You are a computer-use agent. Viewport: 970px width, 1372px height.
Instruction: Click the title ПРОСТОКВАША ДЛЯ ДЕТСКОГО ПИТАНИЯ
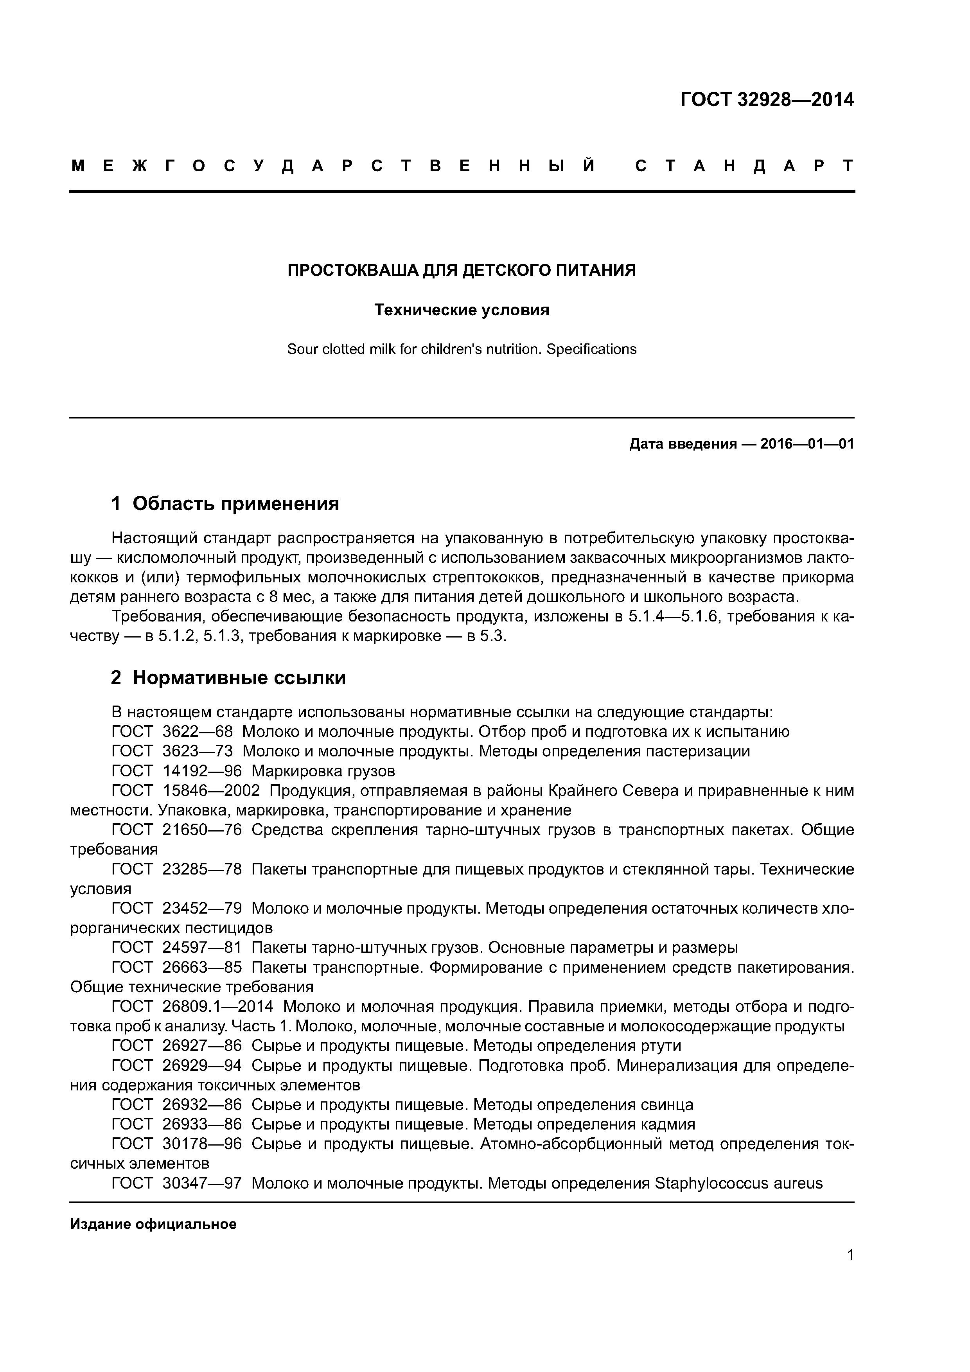[462, 271]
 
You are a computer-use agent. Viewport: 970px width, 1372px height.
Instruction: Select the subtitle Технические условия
[462, 310]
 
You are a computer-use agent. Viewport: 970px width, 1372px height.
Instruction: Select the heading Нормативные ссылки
[239, 678]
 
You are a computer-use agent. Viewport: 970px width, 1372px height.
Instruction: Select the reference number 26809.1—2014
[217, 1007]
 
